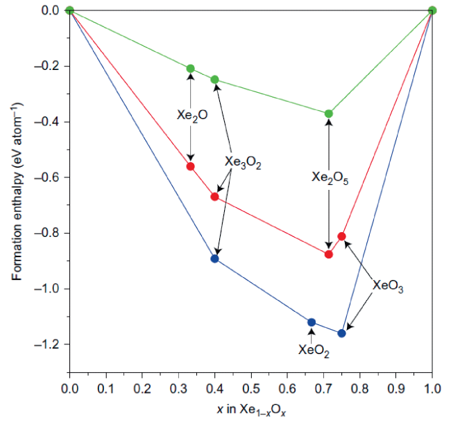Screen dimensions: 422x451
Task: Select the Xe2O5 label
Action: pyautogui.click(x=329, y=177)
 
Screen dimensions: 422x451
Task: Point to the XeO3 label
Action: pyautogui.click(x=386, y=285)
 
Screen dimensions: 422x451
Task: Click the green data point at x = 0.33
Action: pyautogui.click(x=191, y=68)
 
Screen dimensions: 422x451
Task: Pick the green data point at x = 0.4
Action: pyautogui.click(x=214, y=80)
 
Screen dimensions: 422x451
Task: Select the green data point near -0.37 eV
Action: pyautogui.click(x=329, y=114)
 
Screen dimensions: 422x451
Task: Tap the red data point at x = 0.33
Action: pyautogui.click(x=191, y=166)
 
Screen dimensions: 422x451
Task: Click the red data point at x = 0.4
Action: pyautogui.click(x=214, y=197)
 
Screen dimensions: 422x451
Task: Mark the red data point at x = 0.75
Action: pyautogui.click(x=341, y=236)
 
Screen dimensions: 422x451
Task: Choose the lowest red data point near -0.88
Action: pyautogui.click(x=329, y=254)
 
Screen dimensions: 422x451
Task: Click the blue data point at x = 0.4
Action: pyautogui.click(x=214, y=258)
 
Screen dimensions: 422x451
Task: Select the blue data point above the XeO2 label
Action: pyautogui.click(x=312, y=322)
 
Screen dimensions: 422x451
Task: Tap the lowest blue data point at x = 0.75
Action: pyautogui.click(x=341, y=333)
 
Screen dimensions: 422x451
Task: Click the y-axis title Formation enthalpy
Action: pyautogui.click(x=17, y=191)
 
